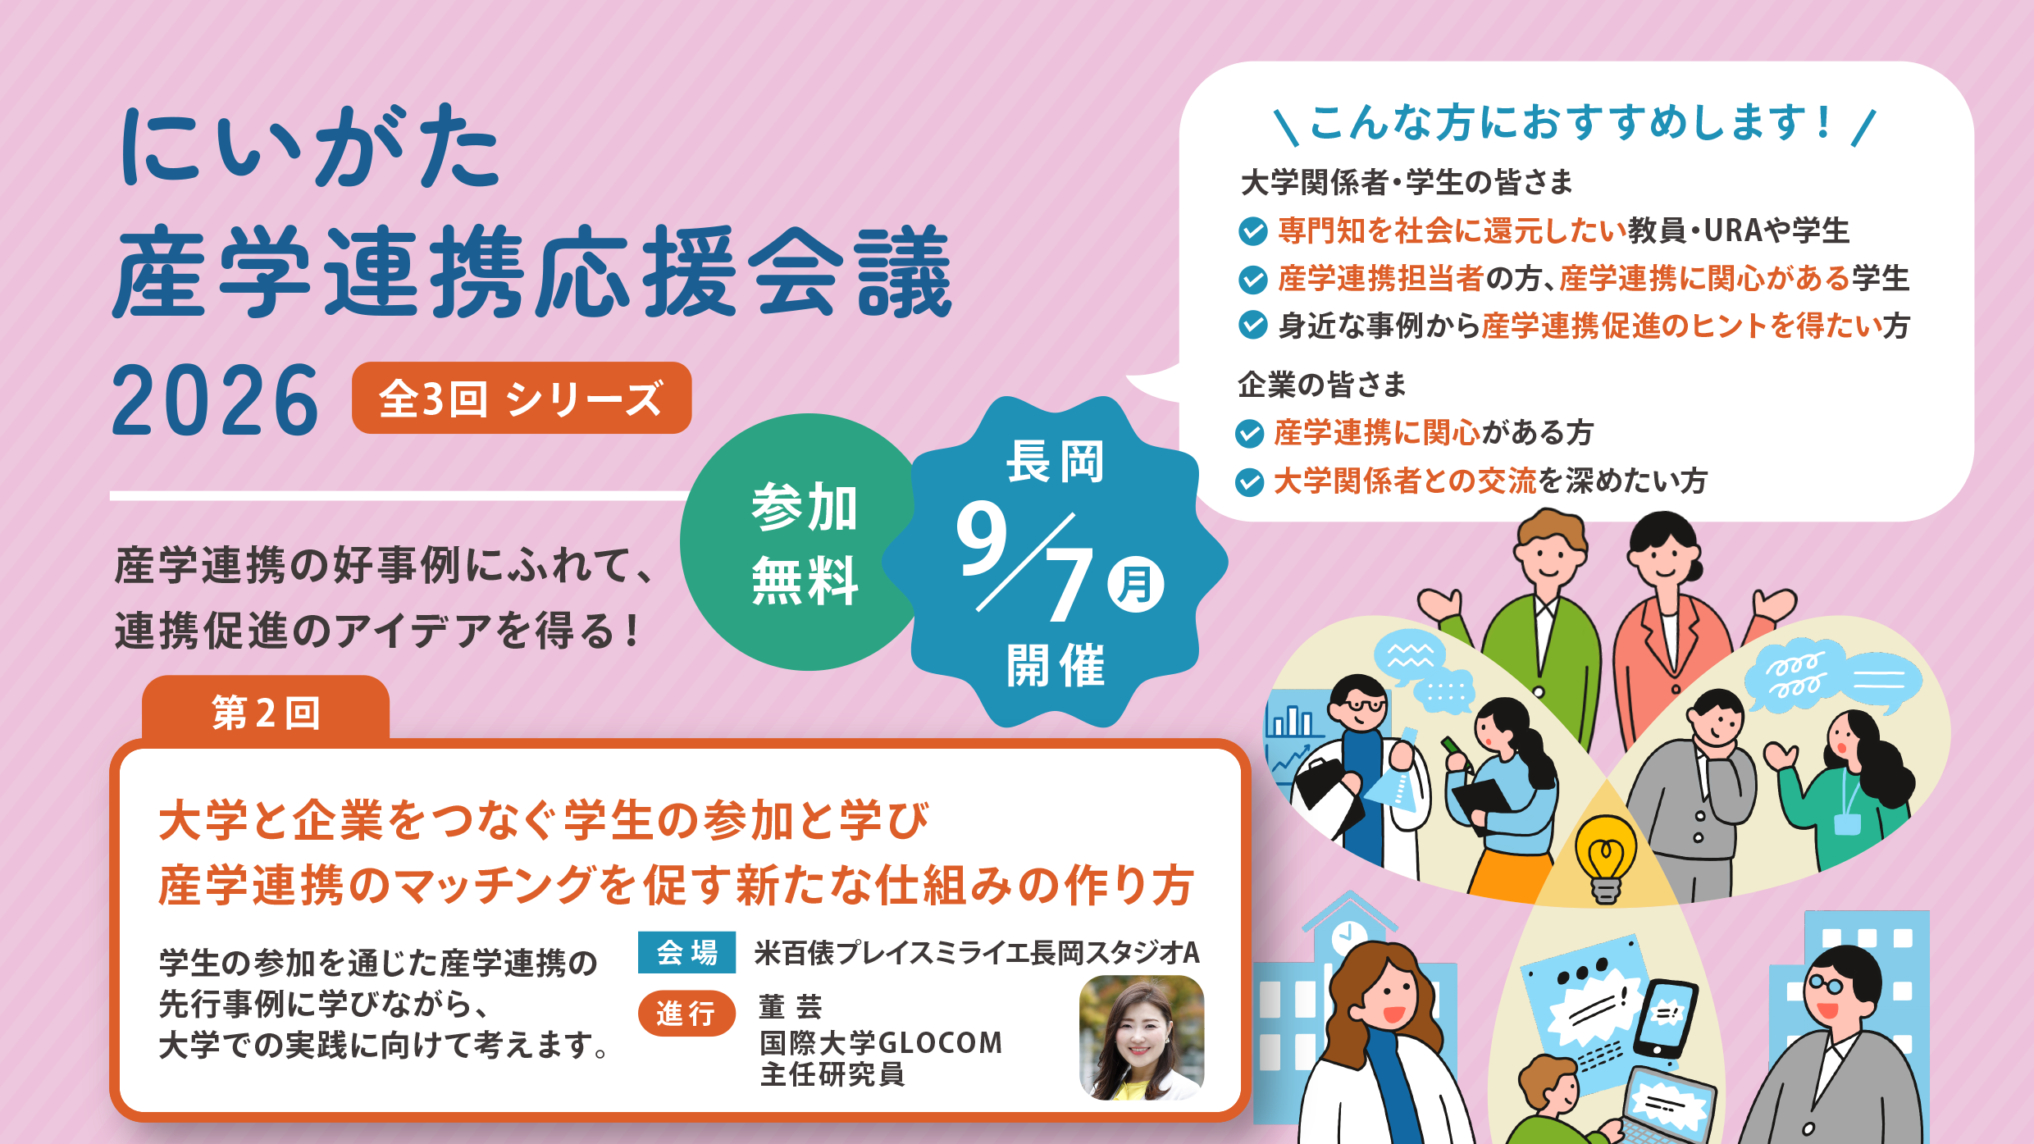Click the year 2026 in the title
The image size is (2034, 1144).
point(215,401)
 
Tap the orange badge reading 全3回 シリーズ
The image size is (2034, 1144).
point(522,398)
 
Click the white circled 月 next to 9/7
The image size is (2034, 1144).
point(1135,584)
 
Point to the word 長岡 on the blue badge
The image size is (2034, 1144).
point(1056,461)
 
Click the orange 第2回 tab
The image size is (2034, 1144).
point(266,710)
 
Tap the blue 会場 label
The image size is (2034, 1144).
point(686,952)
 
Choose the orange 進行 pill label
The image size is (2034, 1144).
point(686,1014)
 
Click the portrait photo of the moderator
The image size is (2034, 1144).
point(1142,1037)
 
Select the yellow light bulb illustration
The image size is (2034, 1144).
point(1606,858)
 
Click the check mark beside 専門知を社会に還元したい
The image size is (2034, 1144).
point(1252,231)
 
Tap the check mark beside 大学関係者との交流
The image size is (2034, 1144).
point(1249,482)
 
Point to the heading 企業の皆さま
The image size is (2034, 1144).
point(1321,384)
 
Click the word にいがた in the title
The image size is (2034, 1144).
point(310,147)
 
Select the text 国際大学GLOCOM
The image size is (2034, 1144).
point(881,1042)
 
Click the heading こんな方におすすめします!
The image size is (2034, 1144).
point(1571,123)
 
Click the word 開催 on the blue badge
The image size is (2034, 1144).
point(1056,664)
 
